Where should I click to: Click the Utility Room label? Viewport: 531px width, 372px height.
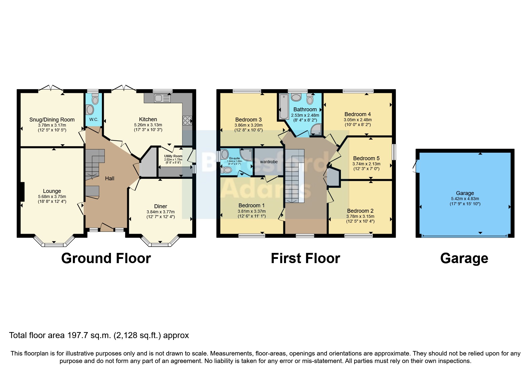point(173,156)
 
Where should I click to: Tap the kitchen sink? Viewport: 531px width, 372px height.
point(162,98)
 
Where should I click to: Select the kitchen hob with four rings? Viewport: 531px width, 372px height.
point(187,121)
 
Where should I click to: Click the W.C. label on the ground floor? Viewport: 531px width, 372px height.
point(94,119)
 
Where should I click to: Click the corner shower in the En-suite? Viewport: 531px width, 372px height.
point(246,154)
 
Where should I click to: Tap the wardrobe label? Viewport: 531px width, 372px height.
point(269,162)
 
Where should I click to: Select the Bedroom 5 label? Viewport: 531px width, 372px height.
point(366,158)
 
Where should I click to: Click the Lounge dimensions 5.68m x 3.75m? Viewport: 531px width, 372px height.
point(52,196)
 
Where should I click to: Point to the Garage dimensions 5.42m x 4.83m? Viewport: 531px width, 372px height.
point(465,199)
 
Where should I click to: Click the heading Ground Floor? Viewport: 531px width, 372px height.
point(106,258)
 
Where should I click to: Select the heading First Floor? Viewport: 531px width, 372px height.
point(305,258)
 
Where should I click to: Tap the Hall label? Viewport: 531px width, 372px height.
point(109,178)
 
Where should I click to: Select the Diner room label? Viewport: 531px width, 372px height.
point(160,206)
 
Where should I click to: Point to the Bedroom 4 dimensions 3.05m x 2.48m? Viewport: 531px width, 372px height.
point(357,119)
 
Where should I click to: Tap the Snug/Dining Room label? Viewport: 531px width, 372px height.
point(52,120)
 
